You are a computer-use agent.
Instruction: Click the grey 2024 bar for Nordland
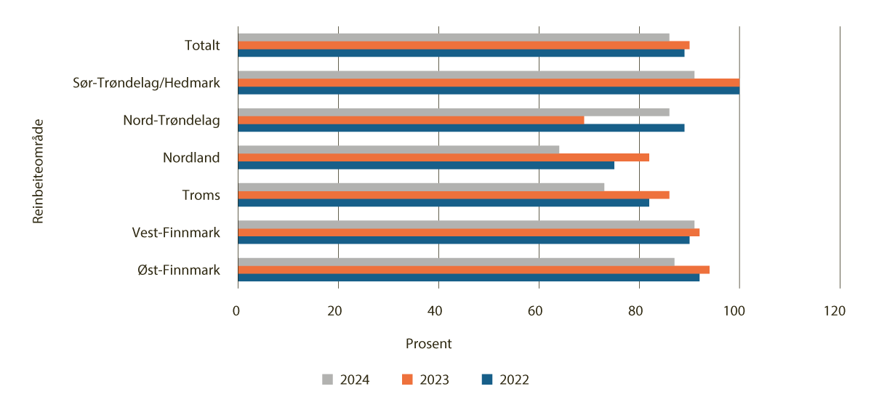(x=398, y=149)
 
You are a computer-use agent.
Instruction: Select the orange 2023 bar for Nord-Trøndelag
(x=411, y=120)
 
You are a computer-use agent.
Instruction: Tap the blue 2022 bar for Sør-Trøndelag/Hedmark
(x=489, y=90)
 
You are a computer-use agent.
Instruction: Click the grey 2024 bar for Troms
(x=421, y=187)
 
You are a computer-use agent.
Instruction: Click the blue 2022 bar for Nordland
(x=426, y=165)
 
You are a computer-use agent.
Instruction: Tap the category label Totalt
(x=202, y=46)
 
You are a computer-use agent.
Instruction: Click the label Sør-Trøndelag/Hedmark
(x=147, y=83)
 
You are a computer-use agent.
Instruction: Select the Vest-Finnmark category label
(x=176, y=233)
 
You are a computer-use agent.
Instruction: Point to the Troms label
(x=201, y=195)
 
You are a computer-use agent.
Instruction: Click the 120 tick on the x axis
(x=835, y=311)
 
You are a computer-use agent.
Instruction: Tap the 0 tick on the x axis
(x=237, y=311)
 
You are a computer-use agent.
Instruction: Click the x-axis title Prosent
(x=428, y=343)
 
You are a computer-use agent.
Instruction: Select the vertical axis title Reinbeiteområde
(x=39, y=171)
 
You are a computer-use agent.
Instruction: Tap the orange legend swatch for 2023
(x=407, y=380)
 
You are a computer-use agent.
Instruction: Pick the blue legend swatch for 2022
(x=487, y=380)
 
